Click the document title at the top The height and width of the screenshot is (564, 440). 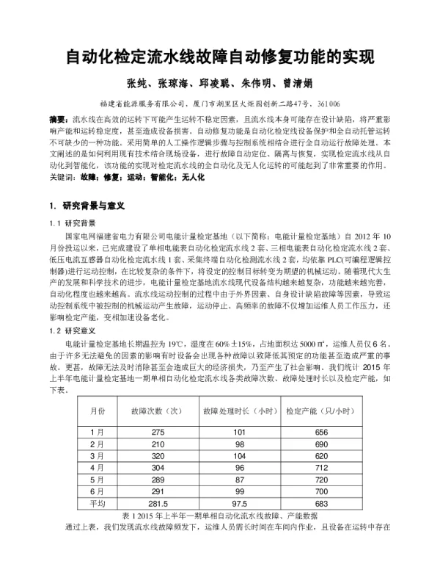(220, 57)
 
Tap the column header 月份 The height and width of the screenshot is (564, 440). (98, 411)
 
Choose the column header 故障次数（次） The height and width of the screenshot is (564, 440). (155, 411)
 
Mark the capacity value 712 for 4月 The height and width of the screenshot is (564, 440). (320, 468)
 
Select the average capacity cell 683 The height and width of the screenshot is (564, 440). (320, 503)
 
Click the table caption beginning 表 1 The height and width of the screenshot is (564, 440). (220, 516)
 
